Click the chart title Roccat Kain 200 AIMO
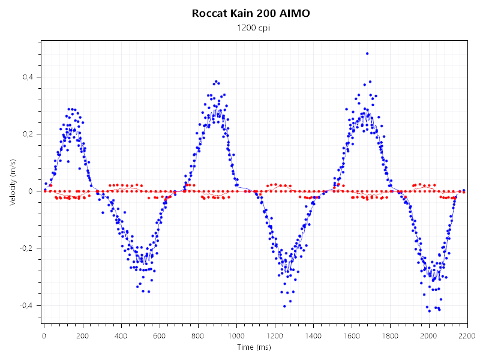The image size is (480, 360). tap(251, 13)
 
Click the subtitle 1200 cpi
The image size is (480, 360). tap(251, 28)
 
